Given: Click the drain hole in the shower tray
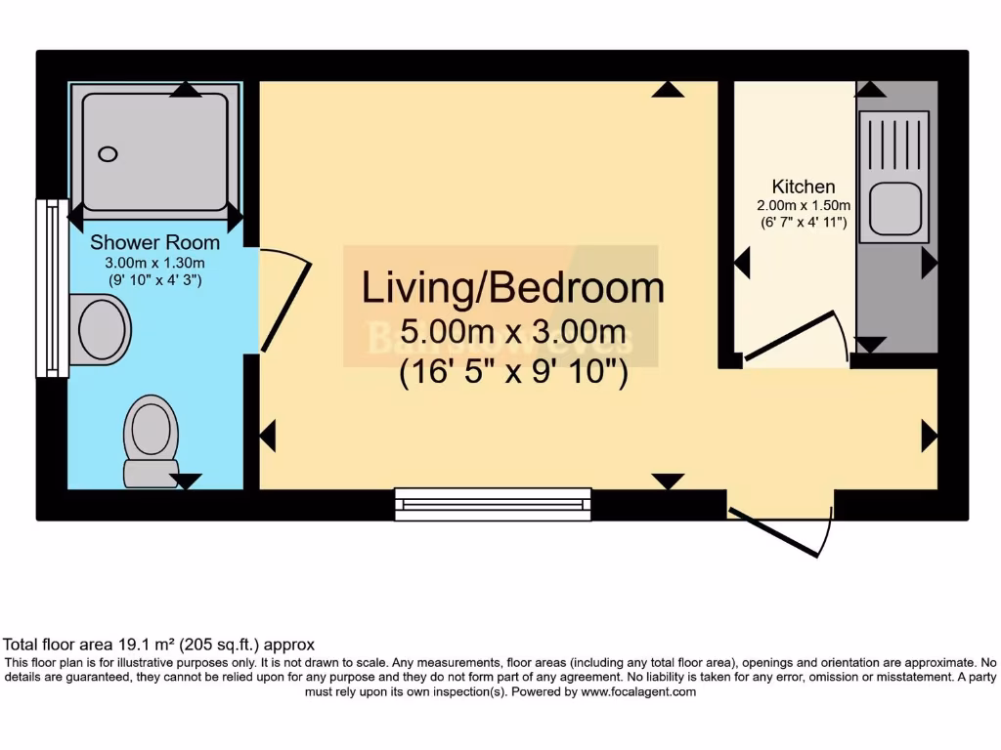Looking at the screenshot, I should [x=108, y=154].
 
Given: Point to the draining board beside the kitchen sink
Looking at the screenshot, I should [x=894, y=143].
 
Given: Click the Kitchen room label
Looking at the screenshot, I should [x=804, y=187].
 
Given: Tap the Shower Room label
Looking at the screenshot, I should [x=154, y=242].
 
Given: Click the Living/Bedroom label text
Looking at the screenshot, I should [x=512, y=288].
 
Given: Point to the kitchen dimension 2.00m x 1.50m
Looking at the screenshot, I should [x=804, y=205].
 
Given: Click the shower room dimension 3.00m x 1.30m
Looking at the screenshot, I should [x=154, y=263].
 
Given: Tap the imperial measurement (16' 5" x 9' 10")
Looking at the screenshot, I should [x=512, y=374].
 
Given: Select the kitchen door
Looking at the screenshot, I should [x=790, y=336].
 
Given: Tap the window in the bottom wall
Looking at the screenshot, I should [x=494, y=504].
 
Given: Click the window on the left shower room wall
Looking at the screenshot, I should [x=51, y=288].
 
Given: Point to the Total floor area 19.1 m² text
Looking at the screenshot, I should [x=158, y=645].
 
